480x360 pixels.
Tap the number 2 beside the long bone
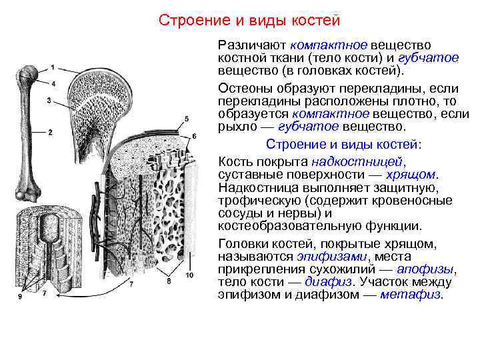pos(50,132)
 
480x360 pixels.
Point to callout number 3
pos(49,101)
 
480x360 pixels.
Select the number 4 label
pos(53,83)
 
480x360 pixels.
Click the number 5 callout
pos(186,119)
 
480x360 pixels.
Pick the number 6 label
pos(194,136)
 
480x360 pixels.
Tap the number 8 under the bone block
pos(169,281)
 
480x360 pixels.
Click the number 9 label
pos(20,296)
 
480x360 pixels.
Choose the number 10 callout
pos(190,275)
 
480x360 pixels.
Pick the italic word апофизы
pos(425,269)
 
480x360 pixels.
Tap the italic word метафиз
pos(411,295)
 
